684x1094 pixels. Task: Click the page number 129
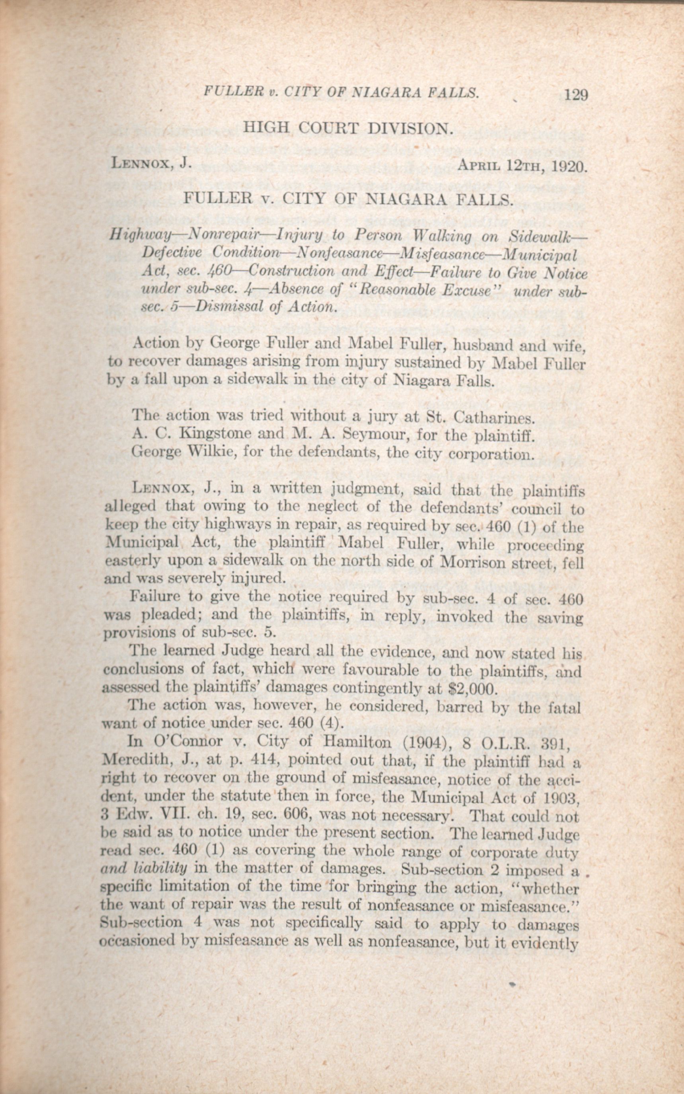point(575,95)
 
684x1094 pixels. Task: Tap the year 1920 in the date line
point(569,167)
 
